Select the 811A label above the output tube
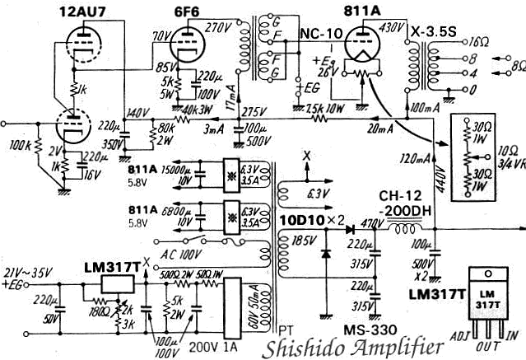tap(355, 12)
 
